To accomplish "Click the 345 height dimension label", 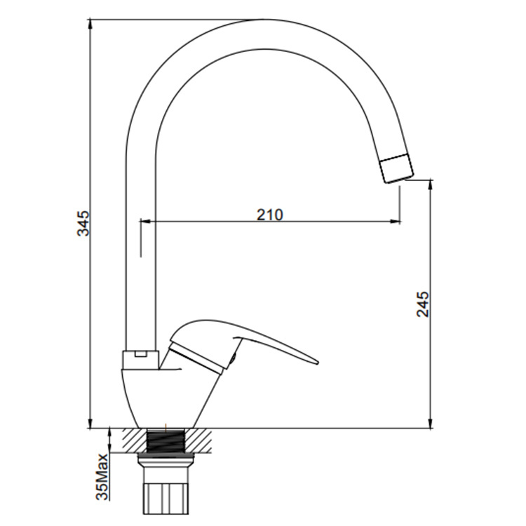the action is coord(83,224).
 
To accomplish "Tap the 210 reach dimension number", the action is coord(270,215).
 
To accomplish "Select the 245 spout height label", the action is coord(423,304).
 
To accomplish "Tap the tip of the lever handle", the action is coord(316,362).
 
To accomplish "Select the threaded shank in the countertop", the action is coord(166,441).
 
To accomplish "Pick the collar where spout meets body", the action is coord(140,360).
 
